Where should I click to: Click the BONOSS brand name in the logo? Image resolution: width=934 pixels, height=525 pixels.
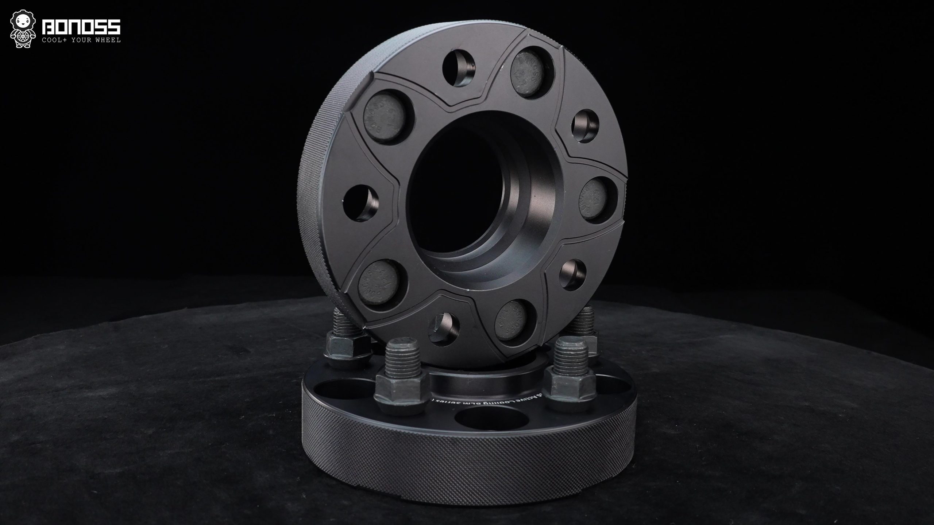coord(81,27)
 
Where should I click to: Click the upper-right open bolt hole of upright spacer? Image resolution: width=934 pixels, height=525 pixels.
coord(583,128)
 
